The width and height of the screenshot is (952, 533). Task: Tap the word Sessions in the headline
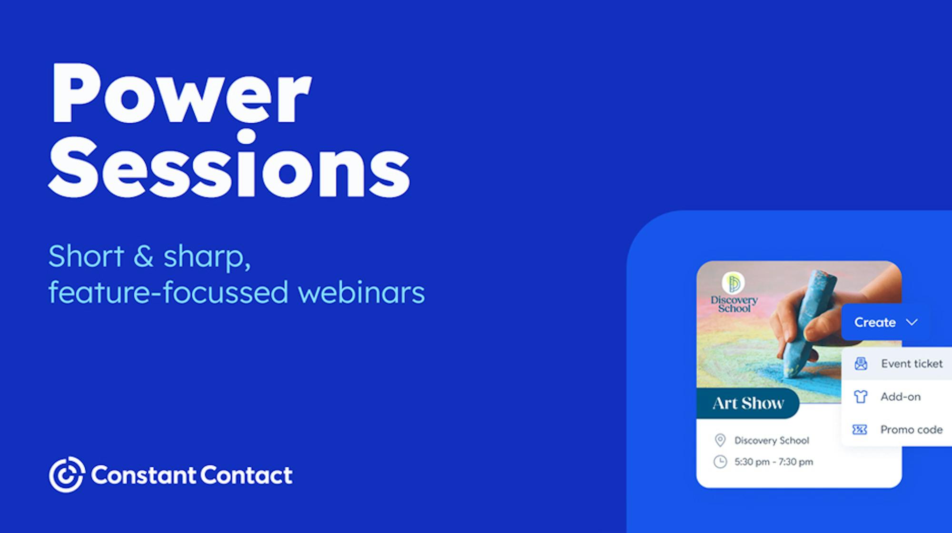click(229, 164)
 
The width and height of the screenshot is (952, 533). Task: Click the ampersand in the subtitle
click(143, 256)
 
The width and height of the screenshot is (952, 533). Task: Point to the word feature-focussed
click(169, 292)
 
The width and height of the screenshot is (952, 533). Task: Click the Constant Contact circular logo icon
click(67, 474)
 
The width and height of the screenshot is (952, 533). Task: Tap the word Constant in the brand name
click(143, 475)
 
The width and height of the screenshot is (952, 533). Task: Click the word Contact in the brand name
click(247, 475)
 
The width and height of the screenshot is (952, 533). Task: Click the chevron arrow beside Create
click(912, 322)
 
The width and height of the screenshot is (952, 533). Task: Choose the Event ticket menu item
click(900, 364)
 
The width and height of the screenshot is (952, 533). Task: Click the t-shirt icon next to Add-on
click(860, 396)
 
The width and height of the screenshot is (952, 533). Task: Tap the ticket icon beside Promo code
click(860, 430)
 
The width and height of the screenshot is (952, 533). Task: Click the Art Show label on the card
click(748, 403)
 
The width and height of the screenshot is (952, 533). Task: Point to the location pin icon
click(720, 440)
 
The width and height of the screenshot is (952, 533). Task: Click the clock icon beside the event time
click(720, 462)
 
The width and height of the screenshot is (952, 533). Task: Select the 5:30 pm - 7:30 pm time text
click(773, 462)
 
